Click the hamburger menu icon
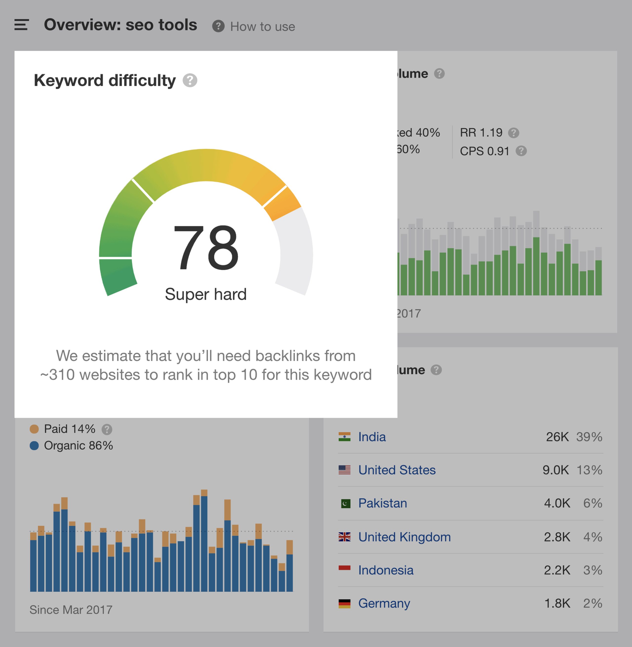tap(21, 25)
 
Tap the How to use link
tap(262, 27)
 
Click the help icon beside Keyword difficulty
tap(190, 81)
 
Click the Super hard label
tap(206, 294)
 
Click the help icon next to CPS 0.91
tap(521, 151)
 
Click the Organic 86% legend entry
tap(78, 445)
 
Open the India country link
tap(372, 437)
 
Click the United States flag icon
tap(344, 470)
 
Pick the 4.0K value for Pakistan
tap(557, 503)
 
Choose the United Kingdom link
tap(404, 537)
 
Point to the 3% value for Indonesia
tap(592, 570)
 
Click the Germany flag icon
tap(344, 604)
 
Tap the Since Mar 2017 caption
tap(71, 610)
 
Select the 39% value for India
tap(589, 437)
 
